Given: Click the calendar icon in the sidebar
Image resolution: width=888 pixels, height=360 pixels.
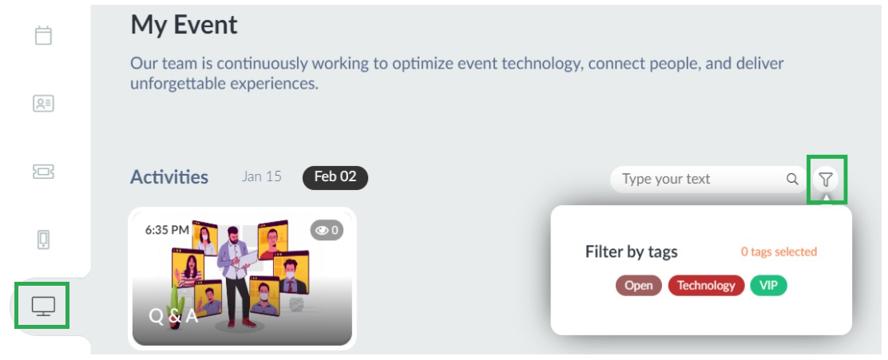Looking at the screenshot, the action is (44, 35).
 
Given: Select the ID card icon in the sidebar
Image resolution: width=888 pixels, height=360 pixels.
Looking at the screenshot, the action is (44, 104).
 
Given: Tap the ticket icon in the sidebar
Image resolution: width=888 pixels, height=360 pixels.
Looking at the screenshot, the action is (44, 172).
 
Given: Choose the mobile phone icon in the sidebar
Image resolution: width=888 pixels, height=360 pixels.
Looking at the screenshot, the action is (44, 239).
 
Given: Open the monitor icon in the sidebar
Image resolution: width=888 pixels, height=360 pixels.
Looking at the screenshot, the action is (44, 307).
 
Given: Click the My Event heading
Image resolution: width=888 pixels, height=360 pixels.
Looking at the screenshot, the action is (184, 26).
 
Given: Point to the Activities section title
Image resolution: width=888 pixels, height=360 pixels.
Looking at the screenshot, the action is (169, 177).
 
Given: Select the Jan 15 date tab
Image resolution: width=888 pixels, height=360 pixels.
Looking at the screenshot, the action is (262, 176).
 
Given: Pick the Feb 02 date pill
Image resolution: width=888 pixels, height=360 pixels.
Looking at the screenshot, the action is (335, 177).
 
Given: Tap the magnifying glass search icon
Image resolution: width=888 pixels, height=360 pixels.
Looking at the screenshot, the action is (792, 180).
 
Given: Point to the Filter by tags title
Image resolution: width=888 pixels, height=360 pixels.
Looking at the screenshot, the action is (632, 252).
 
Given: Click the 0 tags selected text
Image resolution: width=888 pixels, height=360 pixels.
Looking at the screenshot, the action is (779, 252).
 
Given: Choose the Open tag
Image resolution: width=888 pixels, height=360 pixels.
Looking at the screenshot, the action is (639, 286).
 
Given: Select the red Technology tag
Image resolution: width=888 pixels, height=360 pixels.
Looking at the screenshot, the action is (706, 286).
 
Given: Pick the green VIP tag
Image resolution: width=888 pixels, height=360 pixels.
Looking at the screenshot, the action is (768, 286).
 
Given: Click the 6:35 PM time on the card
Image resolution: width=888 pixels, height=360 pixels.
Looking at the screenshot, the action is (167, 230).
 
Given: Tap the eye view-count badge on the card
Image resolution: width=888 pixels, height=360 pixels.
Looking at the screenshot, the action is (327, 230).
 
